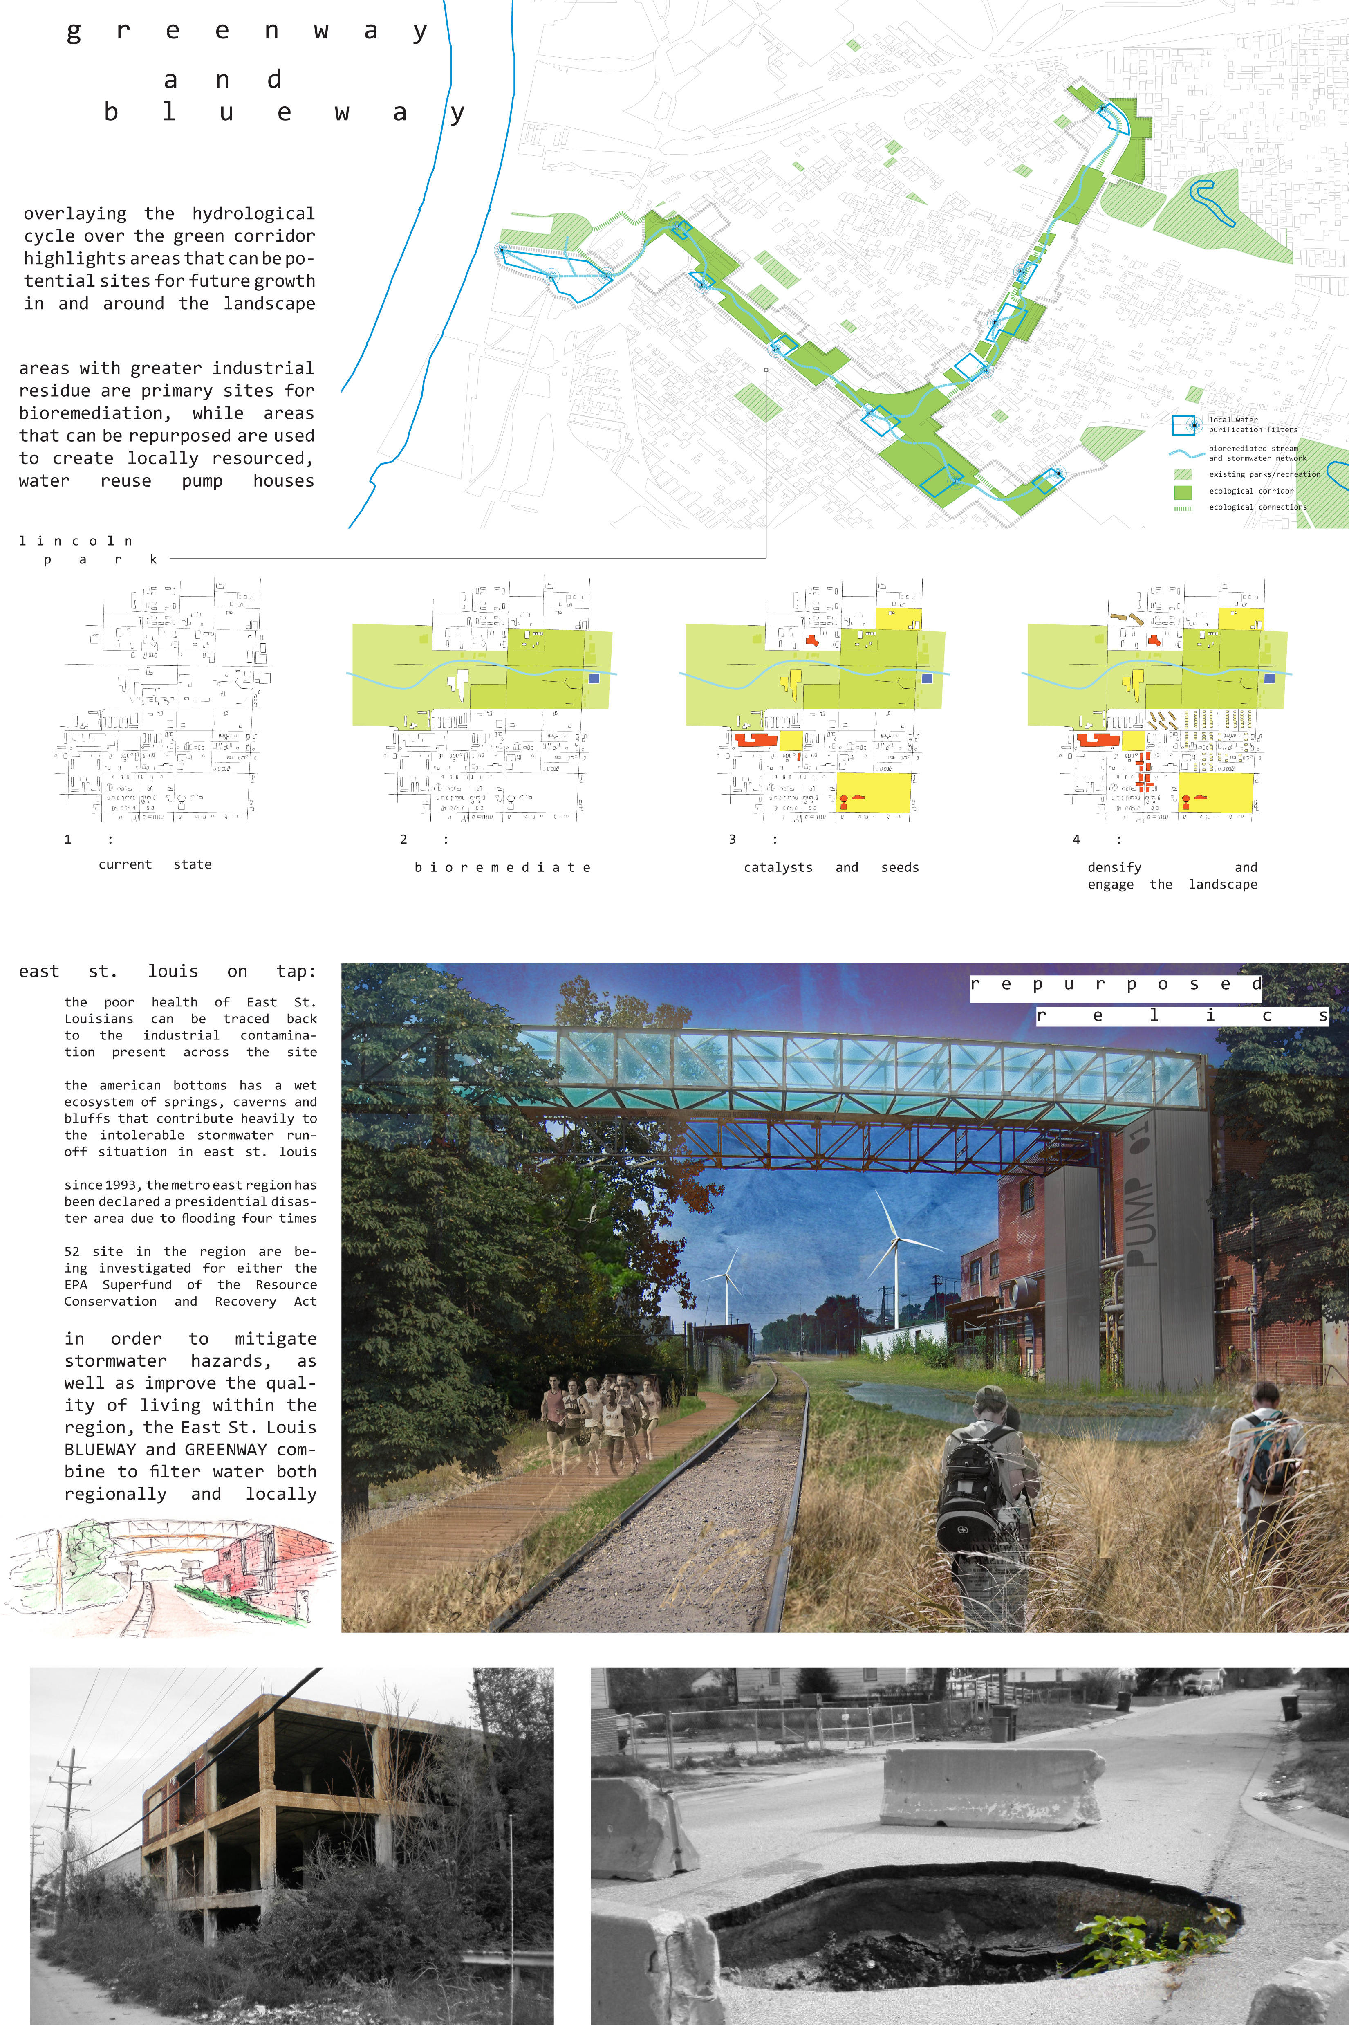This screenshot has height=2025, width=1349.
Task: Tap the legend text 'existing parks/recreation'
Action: coord(1264,474)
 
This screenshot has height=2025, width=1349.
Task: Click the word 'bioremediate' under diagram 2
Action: coord(502,867)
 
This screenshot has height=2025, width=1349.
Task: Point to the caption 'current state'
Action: coord(155,864)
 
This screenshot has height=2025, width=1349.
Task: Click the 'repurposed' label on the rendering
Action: coord(1115,985)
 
